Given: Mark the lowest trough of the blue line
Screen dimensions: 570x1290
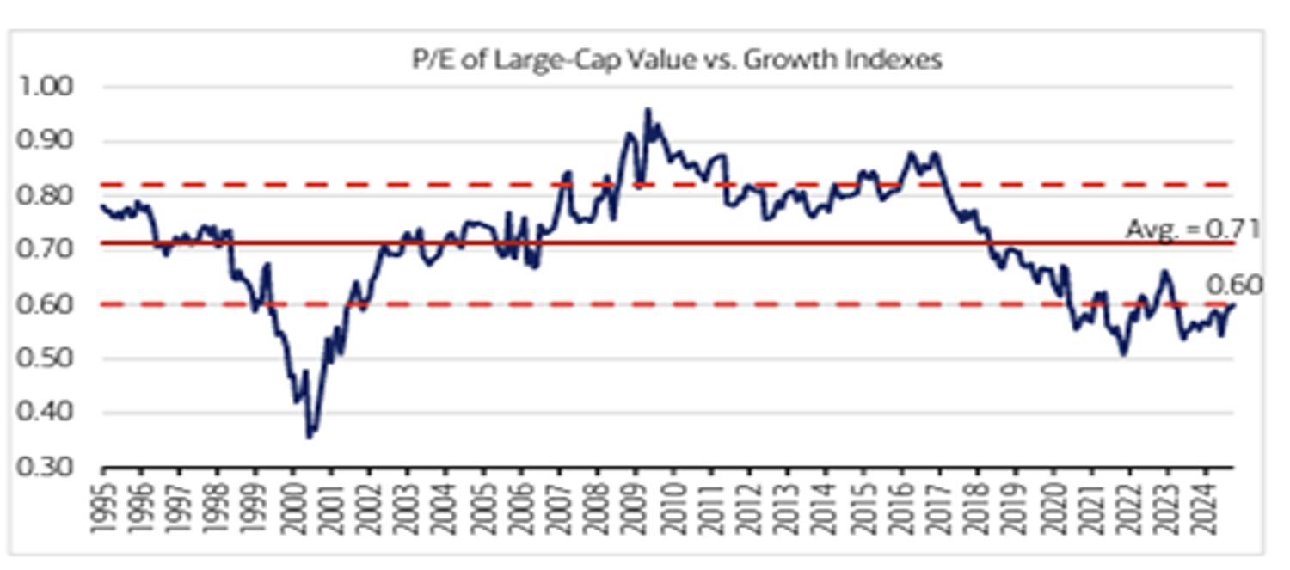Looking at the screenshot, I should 310,437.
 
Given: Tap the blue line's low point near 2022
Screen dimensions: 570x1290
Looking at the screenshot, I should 1123,353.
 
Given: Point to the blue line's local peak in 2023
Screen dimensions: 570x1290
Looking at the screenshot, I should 1165,272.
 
